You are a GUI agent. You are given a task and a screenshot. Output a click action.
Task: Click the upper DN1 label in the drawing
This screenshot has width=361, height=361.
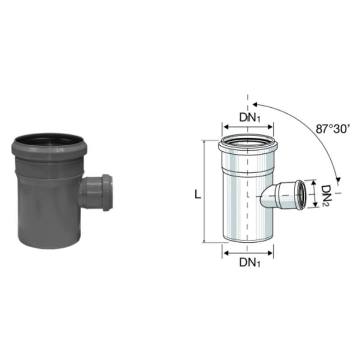pos(250,118)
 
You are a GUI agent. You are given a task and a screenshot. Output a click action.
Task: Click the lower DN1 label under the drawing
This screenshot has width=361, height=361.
pos(250,262)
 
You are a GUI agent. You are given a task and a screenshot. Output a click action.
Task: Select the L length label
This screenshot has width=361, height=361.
pos(198,194)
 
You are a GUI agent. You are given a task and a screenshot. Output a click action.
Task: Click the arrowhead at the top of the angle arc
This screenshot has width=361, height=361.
pos(255,105)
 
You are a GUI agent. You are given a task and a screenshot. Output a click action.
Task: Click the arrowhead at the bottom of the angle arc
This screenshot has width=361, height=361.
pos(338,179)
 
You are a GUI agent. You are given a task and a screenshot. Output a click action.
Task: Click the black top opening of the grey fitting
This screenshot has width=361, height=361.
pos(49,140)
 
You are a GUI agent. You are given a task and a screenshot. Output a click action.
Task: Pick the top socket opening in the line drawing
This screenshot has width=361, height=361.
pos(248,140)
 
